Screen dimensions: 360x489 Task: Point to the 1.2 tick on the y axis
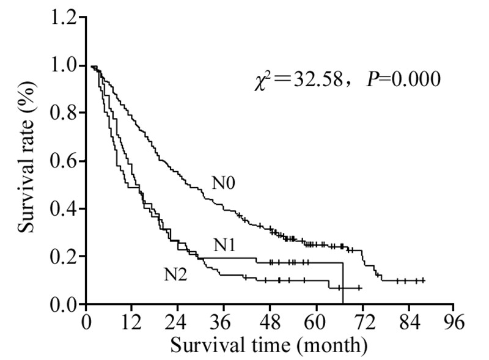point(65,18)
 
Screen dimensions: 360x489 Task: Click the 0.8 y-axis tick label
point(65,113)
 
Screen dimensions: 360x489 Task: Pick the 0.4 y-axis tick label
point(65,209)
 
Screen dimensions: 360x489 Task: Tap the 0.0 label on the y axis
point(65,304)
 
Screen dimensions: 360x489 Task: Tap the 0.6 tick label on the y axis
point(65,161)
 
